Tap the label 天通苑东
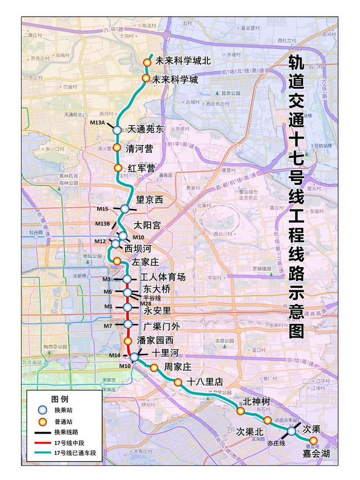[x=146, y=130]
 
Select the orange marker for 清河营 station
[x=117, y=148]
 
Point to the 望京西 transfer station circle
[x=124, y=209]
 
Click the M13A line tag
[x=96, y=123]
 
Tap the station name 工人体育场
[x=163, y=278]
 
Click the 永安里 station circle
[x=128, y=307]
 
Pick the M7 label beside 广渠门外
[x=107, y=326]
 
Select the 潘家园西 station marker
[x=128, y=341]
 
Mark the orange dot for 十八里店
[x=178, y=382]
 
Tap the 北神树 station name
[x=256, y=401]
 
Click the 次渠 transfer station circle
[x=292, y=431]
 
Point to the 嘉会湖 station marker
[x=313, y=440]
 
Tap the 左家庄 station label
[x=143, y=262]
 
